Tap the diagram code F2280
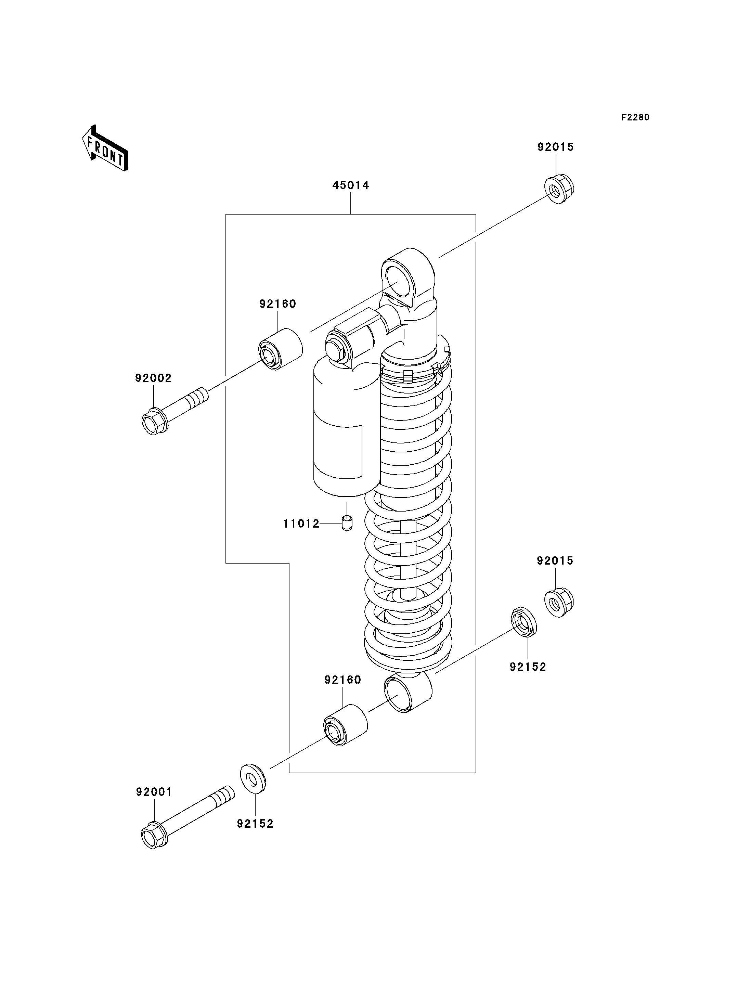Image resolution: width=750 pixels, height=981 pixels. pyautogui.click(x=635, y=117)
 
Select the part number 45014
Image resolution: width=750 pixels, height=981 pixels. pyautogui.click(x=351, y=185)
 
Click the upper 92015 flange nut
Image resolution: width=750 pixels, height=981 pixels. pyautogui.click(x=559, y=189)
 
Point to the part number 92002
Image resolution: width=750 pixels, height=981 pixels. pyautogui.click(x=154, y=378)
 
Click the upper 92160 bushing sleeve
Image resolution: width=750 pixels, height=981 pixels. pyautogui.click(x=281, y=349)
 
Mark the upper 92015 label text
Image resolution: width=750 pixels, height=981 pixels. pyautogui.click(x=555, y=147)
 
